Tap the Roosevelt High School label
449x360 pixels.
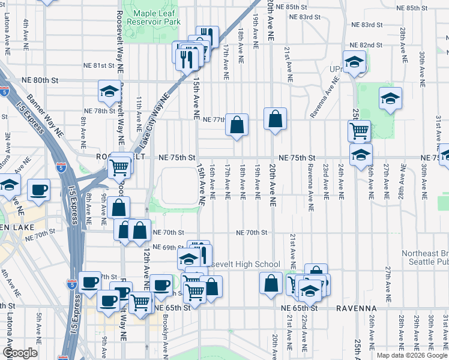click(246, 265)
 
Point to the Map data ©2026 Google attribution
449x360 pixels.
click(411, 355)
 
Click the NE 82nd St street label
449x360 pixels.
click(367, 45)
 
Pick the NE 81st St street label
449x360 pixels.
click(99, 65)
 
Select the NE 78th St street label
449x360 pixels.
click(99, 111)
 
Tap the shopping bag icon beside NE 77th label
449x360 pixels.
click(237, 125)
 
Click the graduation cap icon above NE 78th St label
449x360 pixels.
click(109, 91)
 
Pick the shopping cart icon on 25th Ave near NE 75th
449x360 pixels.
click(359, 130)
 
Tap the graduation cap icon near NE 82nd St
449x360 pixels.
click(354, 61)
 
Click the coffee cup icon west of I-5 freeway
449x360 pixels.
click(39, 189)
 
